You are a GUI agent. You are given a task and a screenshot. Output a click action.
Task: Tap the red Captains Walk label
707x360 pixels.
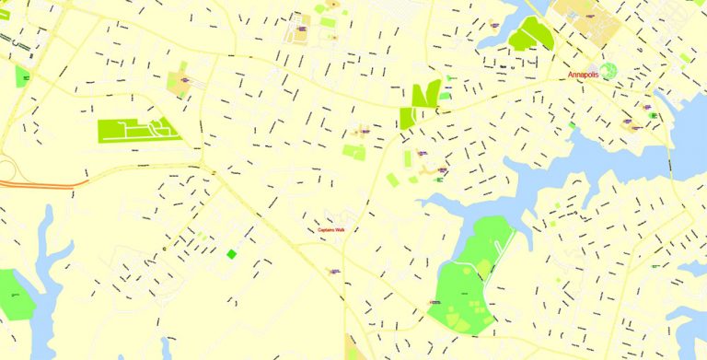(330, 229)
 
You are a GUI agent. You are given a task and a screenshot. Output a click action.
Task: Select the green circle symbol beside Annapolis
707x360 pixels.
(608, 70)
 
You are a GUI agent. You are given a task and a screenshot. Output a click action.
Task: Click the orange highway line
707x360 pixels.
(37, 184)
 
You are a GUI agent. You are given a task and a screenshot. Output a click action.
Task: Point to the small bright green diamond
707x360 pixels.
(231, 253)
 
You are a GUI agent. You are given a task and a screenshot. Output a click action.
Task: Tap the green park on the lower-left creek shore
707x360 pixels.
(12, 294)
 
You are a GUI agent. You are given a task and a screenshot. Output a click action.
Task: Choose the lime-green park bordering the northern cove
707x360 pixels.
(530, 34)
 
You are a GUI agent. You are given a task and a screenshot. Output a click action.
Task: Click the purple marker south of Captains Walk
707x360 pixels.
(335, 271)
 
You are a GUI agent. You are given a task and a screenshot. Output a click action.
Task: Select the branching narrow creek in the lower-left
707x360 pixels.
(46, 267)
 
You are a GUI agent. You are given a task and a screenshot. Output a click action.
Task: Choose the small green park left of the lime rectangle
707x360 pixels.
(22, 77)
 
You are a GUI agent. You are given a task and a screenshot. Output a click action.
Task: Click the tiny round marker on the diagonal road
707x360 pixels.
(166, 247)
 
